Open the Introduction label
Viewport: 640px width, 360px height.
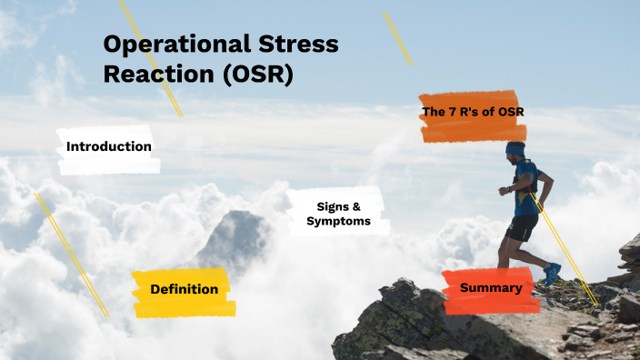pyautogui.click(x=109, y=146)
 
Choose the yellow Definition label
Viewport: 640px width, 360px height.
pyautogui.click(x=184, y=289)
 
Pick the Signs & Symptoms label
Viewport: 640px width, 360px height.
pyautogui.click(x=338, y=214)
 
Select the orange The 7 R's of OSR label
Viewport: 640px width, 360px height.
pyautogui.click(x=473, y=112)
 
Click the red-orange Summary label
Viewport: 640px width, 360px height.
pyautogui.click(x=491, y=288)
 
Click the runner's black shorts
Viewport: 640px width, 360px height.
pyautogui.click(x=523, y=226)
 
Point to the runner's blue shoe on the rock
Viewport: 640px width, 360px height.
pyautogui.click(x=552, y=274)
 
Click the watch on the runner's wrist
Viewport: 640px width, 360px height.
pyautogui.click(x=503, y=191)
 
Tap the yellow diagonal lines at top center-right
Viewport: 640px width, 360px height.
pyautogui.click(x=397, y=38)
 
